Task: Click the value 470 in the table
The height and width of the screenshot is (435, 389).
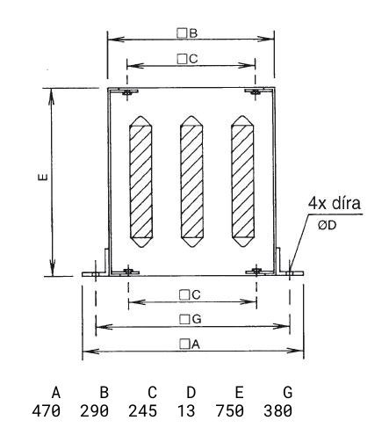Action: pos(47,411)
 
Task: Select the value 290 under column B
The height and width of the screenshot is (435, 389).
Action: pos(94,411)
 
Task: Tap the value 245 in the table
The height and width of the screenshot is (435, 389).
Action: pos(142,411)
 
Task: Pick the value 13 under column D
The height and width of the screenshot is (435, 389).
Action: pos(186,411)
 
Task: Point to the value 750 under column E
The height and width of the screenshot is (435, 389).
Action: pos(230,411)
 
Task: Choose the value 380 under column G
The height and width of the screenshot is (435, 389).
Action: pos(278,411)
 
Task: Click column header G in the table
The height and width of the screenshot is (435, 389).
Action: pos(288,393)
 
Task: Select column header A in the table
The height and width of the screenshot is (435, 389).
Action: pos(56,393)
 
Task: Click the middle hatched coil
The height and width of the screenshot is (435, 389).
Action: pos(191,181)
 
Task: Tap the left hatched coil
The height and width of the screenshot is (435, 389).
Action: pos(140,182)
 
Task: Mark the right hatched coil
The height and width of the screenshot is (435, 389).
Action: pos(242,181)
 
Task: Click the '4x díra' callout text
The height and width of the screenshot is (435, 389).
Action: pos(335,203)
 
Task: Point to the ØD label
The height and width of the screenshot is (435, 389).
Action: pos(327,225)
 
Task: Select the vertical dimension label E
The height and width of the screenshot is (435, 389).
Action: pos(43,177)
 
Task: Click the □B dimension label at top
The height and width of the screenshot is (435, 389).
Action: pos(187,33)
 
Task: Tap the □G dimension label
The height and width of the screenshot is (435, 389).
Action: pos(191,319)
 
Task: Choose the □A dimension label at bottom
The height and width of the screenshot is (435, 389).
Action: pos(190,344)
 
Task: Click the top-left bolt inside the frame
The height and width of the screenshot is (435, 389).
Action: pos(127,92)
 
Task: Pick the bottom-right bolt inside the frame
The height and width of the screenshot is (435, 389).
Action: pos(256,272)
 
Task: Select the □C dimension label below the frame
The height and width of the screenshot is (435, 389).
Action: pos(190,294)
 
